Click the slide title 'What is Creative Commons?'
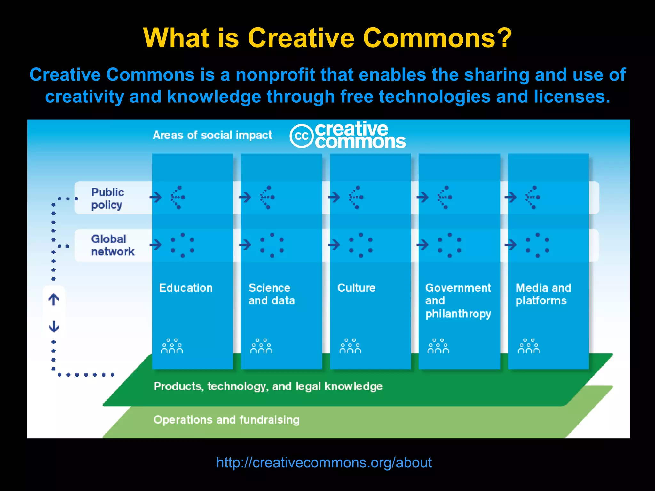point(327,38)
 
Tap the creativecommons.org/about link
point(324,463)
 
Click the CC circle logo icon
point(301,136)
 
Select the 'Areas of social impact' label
point(212,135)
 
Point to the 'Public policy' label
point(107,199)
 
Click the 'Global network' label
point(113,245)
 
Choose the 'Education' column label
point(186,288)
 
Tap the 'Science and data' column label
point(272,294)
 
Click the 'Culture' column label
point(356,288)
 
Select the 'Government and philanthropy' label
point(458,300)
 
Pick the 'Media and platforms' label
point(543,294)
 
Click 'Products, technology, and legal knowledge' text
point(268,386)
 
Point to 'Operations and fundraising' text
point(226,420)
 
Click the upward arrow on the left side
point(54,300)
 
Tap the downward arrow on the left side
point(54,326)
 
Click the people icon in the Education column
point(172,346)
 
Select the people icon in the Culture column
point(350,346)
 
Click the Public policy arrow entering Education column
point(156,197)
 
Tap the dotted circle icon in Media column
point(537,245)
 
